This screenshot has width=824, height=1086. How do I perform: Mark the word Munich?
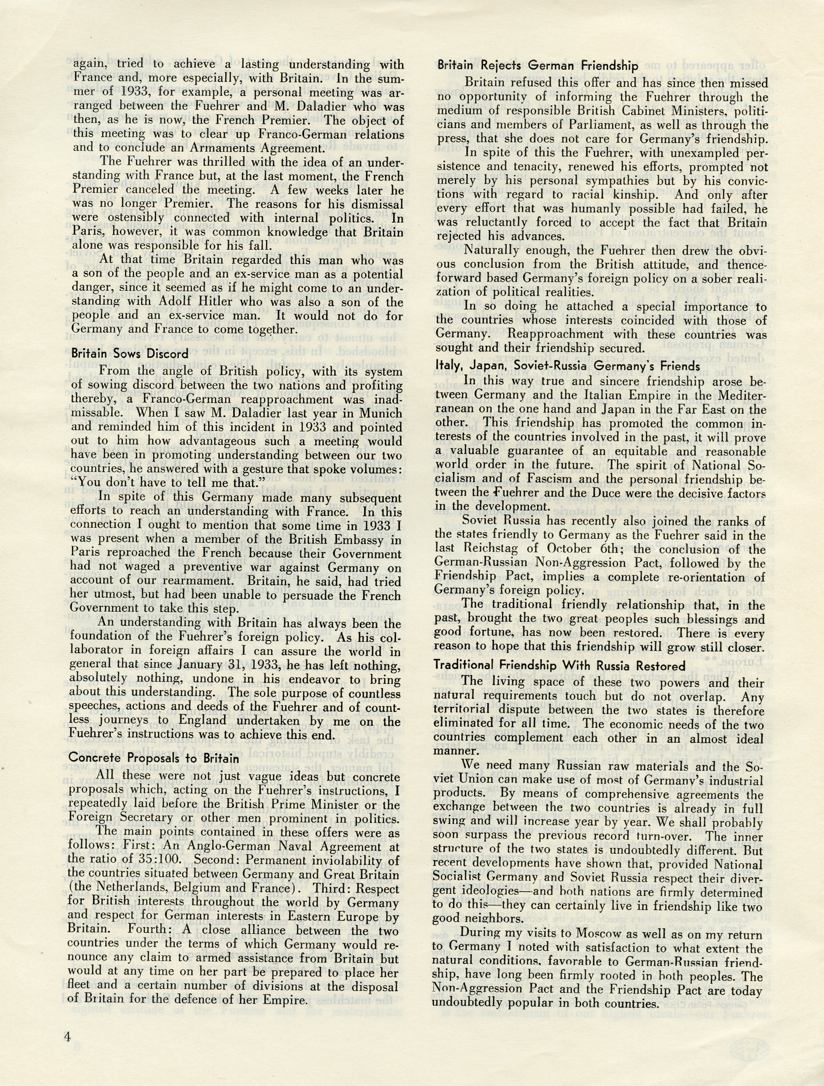coord(373,413)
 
